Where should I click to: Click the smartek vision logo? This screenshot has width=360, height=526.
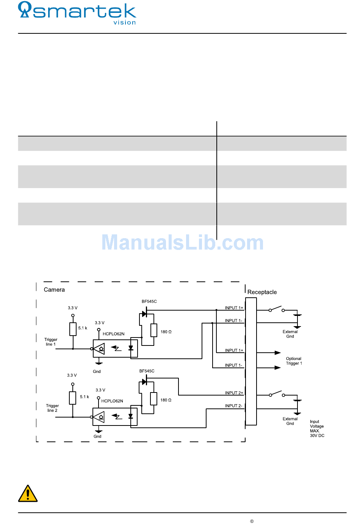77,13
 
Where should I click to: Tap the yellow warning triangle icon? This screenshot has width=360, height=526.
28,493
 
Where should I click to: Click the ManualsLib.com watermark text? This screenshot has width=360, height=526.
182,243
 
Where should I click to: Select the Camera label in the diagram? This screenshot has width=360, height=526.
54,290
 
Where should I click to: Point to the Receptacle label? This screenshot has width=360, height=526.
262,292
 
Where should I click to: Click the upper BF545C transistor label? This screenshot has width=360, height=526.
149,301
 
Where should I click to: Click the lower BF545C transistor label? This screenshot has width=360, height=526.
147,371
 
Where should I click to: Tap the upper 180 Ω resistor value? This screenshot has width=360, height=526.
166,332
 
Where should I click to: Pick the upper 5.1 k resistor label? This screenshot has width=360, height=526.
83,328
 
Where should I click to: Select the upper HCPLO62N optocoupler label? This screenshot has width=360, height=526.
113,334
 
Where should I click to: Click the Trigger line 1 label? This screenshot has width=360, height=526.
51,342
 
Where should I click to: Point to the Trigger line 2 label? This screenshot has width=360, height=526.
52,408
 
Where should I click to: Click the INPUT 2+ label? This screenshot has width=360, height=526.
234,393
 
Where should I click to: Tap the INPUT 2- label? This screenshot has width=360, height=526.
233,406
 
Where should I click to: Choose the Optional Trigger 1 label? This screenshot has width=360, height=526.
294,361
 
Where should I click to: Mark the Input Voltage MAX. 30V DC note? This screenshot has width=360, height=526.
317,429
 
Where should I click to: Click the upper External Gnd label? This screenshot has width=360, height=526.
290,334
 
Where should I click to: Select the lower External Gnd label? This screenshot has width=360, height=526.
290,421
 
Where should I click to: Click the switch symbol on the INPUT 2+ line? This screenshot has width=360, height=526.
277,394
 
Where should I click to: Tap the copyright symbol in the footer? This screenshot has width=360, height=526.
252,521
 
